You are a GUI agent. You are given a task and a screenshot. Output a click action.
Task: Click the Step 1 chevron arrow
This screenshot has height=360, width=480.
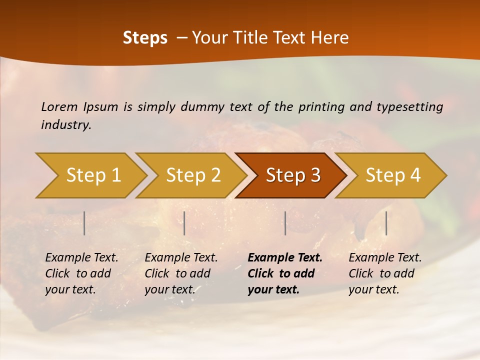[92, 175]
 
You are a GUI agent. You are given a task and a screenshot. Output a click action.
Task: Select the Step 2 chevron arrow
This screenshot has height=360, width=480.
[192, 175]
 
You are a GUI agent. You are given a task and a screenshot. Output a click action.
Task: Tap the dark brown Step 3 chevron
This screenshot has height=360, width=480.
[292, 175]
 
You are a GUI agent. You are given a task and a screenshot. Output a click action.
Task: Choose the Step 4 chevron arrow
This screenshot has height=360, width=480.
[392, 175]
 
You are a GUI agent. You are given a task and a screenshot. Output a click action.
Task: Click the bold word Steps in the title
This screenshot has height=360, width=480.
[145, 38]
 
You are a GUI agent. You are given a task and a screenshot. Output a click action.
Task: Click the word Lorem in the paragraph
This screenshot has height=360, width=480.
[59, 106]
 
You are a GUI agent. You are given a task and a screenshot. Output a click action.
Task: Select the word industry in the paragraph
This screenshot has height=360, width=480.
[65, 125]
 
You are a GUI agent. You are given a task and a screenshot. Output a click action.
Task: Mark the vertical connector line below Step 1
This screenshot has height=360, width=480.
[84, 223]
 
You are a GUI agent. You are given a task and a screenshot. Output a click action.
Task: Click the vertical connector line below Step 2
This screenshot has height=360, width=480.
[184, 223]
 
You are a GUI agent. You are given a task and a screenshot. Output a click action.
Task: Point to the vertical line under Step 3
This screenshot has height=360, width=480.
[285, 223]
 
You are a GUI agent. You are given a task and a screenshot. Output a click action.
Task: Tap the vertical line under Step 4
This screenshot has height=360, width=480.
[386, 223]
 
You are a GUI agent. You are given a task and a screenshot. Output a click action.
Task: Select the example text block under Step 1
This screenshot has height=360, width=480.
[81, 273]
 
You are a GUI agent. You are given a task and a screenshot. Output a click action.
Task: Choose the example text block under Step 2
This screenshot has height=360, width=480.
[181, 273]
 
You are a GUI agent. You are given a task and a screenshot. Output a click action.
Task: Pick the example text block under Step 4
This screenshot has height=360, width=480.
[385, 273]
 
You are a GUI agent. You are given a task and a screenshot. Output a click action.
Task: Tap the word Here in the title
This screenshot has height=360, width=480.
[329, 38]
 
